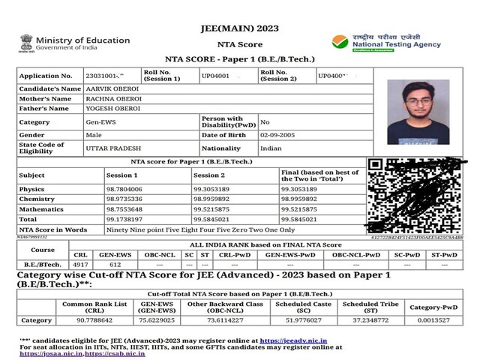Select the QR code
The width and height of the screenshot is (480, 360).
414,195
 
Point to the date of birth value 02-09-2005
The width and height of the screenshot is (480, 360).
276,134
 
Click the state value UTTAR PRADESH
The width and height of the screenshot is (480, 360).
112,148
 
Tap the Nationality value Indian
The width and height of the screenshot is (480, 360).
271,148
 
